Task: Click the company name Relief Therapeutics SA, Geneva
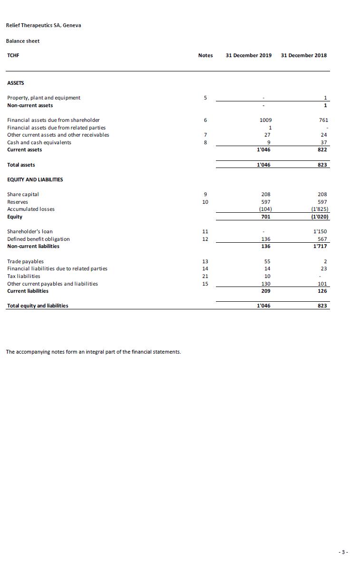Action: (x=43, y=25)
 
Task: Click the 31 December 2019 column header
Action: (x=249, y=55)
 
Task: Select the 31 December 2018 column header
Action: (x=304, y=55)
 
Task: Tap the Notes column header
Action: (x=205, y=55)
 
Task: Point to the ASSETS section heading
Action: (x=16, y=83)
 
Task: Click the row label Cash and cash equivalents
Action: (x=39, y=142)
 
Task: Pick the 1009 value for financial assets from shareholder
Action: (x=266, y=120)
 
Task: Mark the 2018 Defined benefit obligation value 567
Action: (x=322, y=239)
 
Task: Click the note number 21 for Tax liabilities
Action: (x=205, y=276)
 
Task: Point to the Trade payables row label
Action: (x=25, y=261)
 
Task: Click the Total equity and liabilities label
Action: (x=38, y=306)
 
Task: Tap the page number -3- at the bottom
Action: (x=343, y=552)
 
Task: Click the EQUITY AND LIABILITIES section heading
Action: (x=35, y=179)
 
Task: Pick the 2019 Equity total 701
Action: (x=266, y=217)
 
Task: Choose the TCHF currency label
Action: (x=13, y=55)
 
